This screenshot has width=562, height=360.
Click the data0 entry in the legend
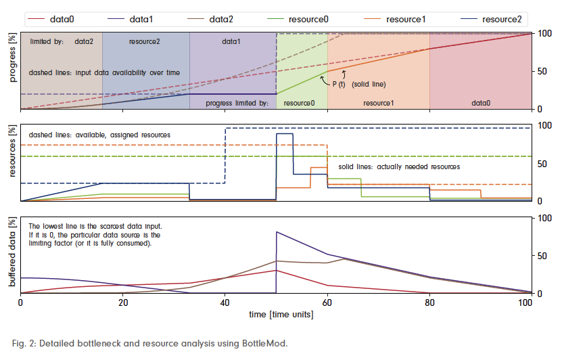point(63,19)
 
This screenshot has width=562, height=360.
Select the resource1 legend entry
point(406,19)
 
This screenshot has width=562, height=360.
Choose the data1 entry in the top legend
point(158,19)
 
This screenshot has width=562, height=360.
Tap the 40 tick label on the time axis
point(225,303)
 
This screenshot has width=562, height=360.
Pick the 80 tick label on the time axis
point(429,303)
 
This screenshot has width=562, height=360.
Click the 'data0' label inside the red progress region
point(480,103)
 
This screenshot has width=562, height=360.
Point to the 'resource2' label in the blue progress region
point(144,41)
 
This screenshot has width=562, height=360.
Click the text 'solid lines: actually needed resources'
point(399,166)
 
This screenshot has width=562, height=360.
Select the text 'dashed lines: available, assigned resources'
point(99,135)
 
